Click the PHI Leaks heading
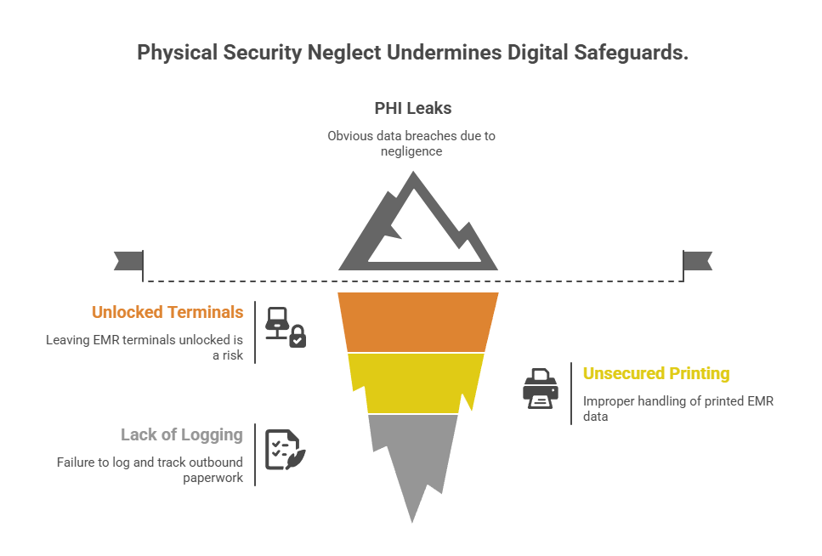412,109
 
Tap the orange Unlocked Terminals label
167,312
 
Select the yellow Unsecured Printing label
655,373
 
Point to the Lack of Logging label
182,435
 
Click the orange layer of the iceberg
417,321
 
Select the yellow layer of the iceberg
417,382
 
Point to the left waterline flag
128,261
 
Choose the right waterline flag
698,261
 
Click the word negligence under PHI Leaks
412,150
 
